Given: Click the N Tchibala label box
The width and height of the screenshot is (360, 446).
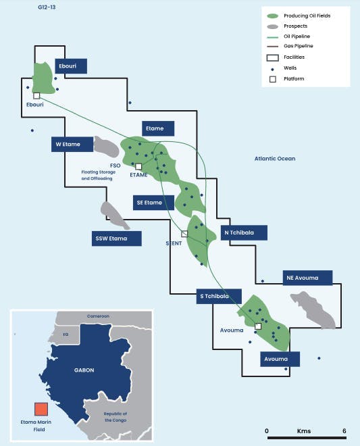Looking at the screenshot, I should pos(244,232).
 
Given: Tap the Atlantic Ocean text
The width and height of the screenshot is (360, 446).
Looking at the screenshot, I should pos(275,159).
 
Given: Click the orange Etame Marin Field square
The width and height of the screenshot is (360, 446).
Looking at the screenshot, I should pos(41,409).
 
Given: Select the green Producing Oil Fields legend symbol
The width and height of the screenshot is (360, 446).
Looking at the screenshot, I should pos(273,15).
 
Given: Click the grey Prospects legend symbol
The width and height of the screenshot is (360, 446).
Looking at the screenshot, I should pos(273,26).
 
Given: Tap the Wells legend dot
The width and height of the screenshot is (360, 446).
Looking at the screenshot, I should pos(273,68).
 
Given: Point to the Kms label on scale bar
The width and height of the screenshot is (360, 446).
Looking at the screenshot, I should pos(304,430).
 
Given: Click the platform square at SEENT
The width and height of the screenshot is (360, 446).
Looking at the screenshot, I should pos(184,234).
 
